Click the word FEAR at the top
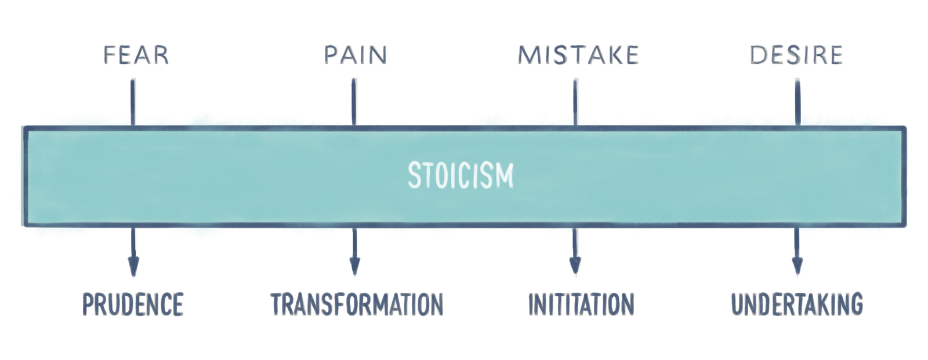135,54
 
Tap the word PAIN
355,54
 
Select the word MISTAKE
578,54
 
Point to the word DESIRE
796,54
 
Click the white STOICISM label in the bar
461,175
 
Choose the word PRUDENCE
133,304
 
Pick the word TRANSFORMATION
356,304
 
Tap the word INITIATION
581,304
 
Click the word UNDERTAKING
797,304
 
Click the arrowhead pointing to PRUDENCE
133,268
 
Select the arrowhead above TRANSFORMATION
354,268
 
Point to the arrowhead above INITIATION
575,268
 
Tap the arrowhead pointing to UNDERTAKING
797,268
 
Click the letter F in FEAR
108,54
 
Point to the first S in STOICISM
414,175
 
